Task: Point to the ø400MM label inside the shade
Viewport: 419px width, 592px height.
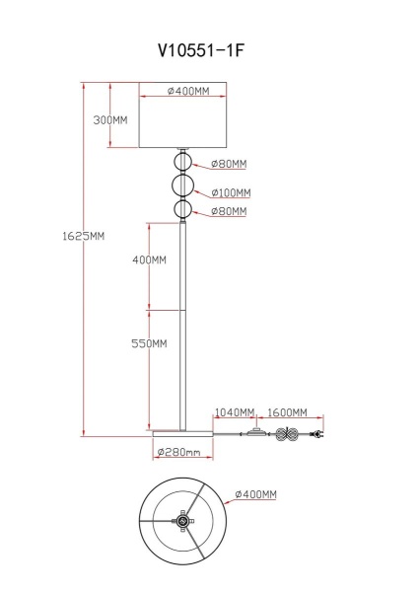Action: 187,92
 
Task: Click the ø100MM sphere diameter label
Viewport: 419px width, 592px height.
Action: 230,192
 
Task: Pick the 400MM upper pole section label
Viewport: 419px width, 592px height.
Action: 149,260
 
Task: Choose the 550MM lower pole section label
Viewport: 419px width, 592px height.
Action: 149,343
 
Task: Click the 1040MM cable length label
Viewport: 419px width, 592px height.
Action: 235,412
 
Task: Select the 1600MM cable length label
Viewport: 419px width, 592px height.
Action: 288,412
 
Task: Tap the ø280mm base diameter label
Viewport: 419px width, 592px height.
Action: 185,453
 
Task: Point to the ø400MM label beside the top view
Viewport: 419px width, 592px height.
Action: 254,493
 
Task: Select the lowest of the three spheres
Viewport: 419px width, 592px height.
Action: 181,210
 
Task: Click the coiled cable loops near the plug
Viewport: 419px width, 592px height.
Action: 288,435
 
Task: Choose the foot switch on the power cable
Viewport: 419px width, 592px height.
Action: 258,432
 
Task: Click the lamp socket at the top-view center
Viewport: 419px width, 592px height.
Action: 183,523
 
